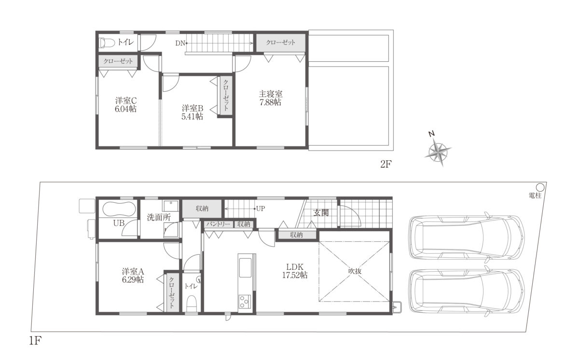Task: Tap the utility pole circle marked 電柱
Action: [x=540, y=187]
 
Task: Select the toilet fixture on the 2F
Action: [x=107, y=43]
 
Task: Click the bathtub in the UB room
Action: [x=119, y=209]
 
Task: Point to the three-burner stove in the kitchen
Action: [x=245, y=301]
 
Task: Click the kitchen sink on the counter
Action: [x=245, y=268]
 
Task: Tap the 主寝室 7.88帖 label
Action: [x=270, y=98]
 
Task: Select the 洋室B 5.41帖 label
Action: [x=193, y=112]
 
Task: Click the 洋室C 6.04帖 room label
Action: [x=125, y=105]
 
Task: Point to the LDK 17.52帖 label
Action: [x=295, y=271]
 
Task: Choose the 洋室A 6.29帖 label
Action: [x=133, y=276]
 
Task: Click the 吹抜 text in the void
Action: [x=355, y=271]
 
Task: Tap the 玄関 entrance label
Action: [x=321, y=213]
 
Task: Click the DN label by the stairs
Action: [x=180, y=43]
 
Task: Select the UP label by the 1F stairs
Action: [x=261, y=208]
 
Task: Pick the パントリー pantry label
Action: [x=218, y=224]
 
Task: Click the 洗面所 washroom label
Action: [x=159, y=217]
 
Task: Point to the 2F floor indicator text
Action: [x=386, y=164]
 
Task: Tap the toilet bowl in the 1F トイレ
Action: [x=192, y=304]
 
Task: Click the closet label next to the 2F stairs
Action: [x=280, y=42]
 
